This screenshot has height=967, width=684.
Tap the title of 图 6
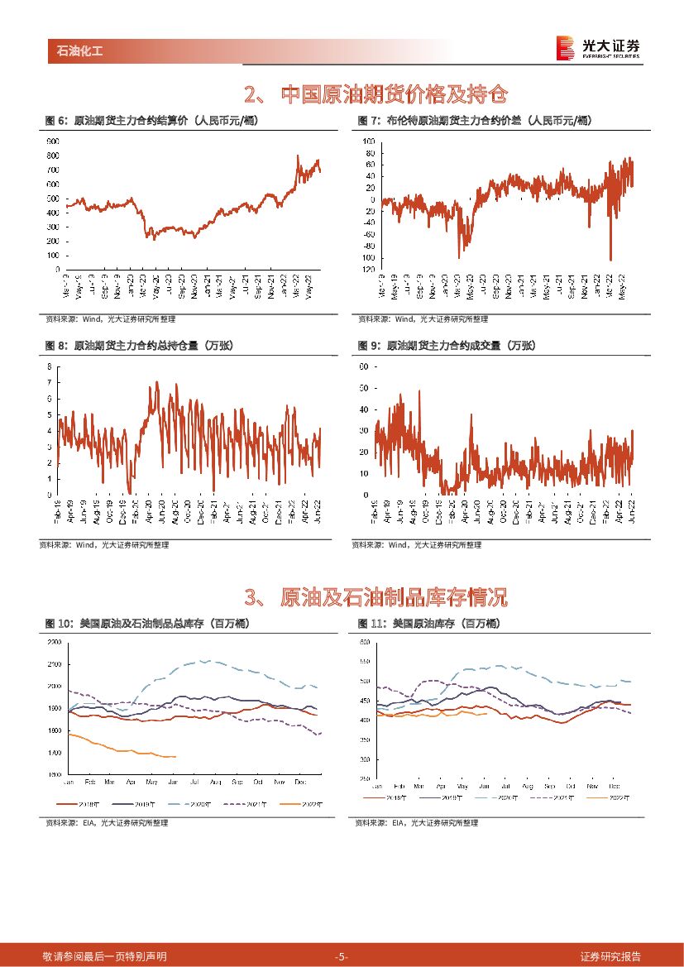tap(152, 121)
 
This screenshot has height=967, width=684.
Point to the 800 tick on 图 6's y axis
tap(52, 156)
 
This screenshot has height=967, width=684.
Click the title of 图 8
tap(137, 346)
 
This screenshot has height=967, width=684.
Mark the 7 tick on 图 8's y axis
tap(49, 382)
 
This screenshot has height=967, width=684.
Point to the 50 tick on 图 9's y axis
tap(362, 387)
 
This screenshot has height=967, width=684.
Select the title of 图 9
tap(447, 346)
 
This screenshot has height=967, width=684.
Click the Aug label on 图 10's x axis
tap(216, 782)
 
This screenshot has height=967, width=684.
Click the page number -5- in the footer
tap(342, 957)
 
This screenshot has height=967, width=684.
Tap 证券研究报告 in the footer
tap(610, 957)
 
